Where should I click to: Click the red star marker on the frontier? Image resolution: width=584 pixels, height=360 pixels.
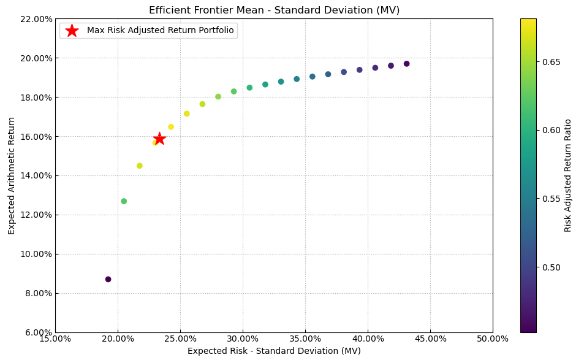tap(159, 139)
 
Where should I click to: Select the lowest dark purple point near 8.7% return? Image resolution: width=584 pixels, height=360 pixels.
tap(108, 279)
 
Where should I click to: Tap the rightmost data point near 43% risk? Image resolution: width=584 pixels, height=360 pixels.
tap(406, 64)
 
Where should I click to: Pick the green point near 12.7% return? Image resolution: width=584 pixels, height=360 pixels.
tap(124, 201)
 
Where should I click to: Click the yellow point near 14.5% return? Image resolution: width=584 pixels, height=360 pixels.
tap(140, 166)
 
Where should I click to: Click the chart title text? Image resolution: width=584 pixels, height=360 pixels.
tap(274, 10)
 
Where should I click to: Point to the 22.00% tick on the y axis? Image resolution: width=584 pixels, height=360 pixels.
tap(36, 19)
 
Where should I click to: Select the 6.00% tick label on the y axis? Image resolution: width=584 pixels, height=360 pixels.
tap(36, 332)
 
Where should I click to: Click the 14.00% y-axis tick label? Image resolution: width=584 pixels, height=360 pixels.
tap(36, 175)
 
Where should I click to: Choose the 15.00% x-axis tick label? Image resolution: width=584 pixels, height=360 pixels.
tap(55, 339)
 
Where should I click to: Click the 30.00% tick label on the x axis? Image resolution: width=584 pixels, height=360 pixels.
tap(243, 339)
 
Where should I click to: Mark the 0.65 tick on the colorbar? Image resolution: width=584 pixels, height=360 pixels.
tap(548, 62)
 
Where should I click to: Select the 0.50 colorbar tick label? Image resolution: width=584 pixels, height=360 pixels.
tap(548, 267)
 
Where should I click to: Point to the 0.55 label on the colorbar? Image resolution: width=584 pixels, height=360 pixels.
tap(548, 199)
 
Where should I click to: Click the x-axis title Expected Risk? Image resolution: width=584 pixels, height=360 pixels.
tap(274, 351)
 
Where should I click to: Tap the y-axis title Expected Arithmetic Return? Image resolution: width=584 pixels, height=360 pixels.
tap(12, 175)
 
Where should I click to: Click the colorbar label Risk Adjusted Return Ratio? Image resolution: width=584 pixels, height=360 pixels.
tap(568, 175)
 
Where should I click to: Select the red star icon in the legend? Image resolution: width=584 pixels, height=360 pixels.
tap(72, 31)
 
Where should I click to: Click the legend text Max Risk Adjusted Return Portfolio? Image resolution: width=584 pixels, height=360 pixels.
tap(160, 31)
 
